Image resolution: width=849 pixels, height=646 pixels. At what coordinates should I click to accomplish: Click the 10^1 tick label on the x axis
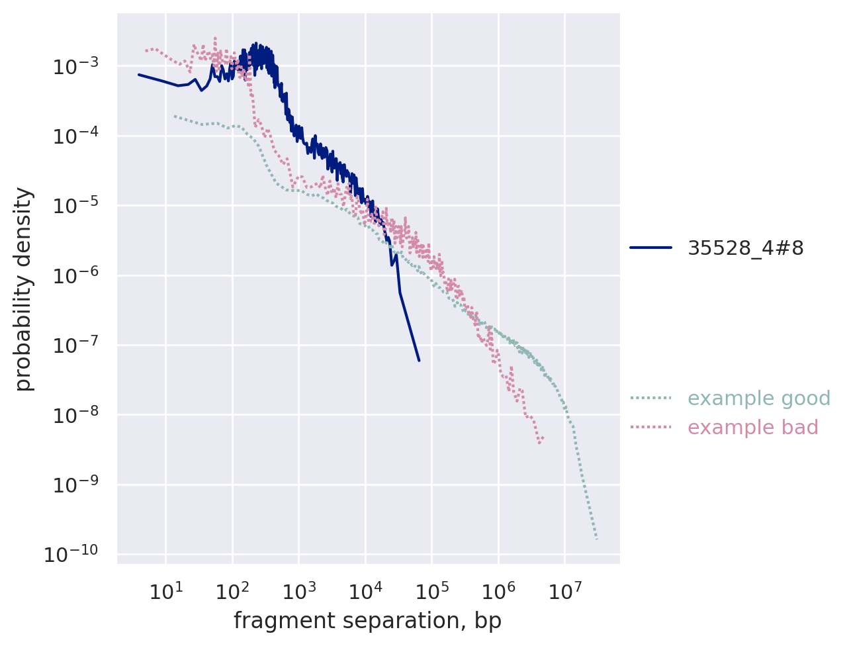click(165, 590)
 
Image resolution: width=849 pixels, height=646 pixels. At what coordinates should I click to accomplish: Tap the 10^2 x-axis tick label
click(232, 590)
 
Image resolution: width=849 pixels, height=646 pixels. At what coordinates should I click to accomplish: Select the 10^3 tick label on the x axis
click(298, 590)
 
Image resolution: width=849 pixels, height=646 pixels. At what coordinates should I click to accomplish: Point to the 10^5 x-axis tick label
click(431, 590)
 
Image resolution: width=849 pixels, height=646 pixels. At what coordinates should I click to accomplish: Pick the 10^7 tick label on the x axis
click(564, 590)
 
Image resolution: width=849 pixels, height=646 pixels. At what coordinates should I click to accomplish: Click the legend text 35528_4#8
click(746, 248)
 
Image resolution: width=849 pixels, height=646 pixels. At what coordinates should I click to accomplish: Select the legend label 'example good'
click(759, 398)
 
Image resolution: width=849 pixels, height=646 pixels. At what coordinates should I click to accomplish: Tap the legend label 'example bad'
click(753, 428)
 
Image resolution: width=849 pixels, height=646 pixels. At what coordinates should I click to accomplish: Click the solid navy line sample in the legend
click(650, 248)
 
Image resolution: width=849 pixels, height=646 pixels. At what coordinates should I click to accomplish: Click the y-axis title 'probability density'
click(24, 289)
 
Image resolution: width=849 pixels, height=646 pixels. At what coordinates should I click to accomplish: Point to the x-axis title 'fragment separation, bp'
click(368, 622)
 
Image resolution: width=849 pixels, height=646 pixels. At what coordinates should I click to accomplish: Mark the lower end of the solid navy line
click(419, 360)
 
